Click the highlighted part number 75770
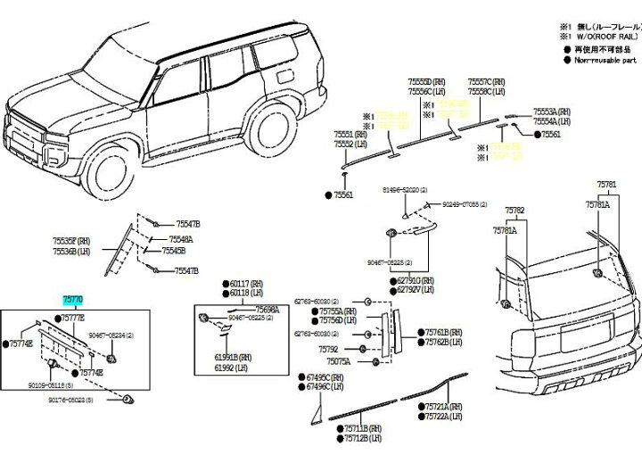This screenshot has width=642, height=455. (74, 303)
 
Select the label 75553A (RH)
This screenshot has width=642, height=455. (552, 112)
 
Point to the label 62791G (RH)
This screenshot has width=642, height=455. (416, 280)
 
